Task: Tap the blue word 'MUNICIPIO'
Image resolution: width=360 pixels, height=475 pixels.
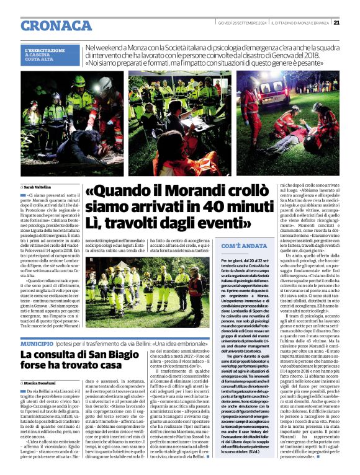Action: point(36,343)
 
